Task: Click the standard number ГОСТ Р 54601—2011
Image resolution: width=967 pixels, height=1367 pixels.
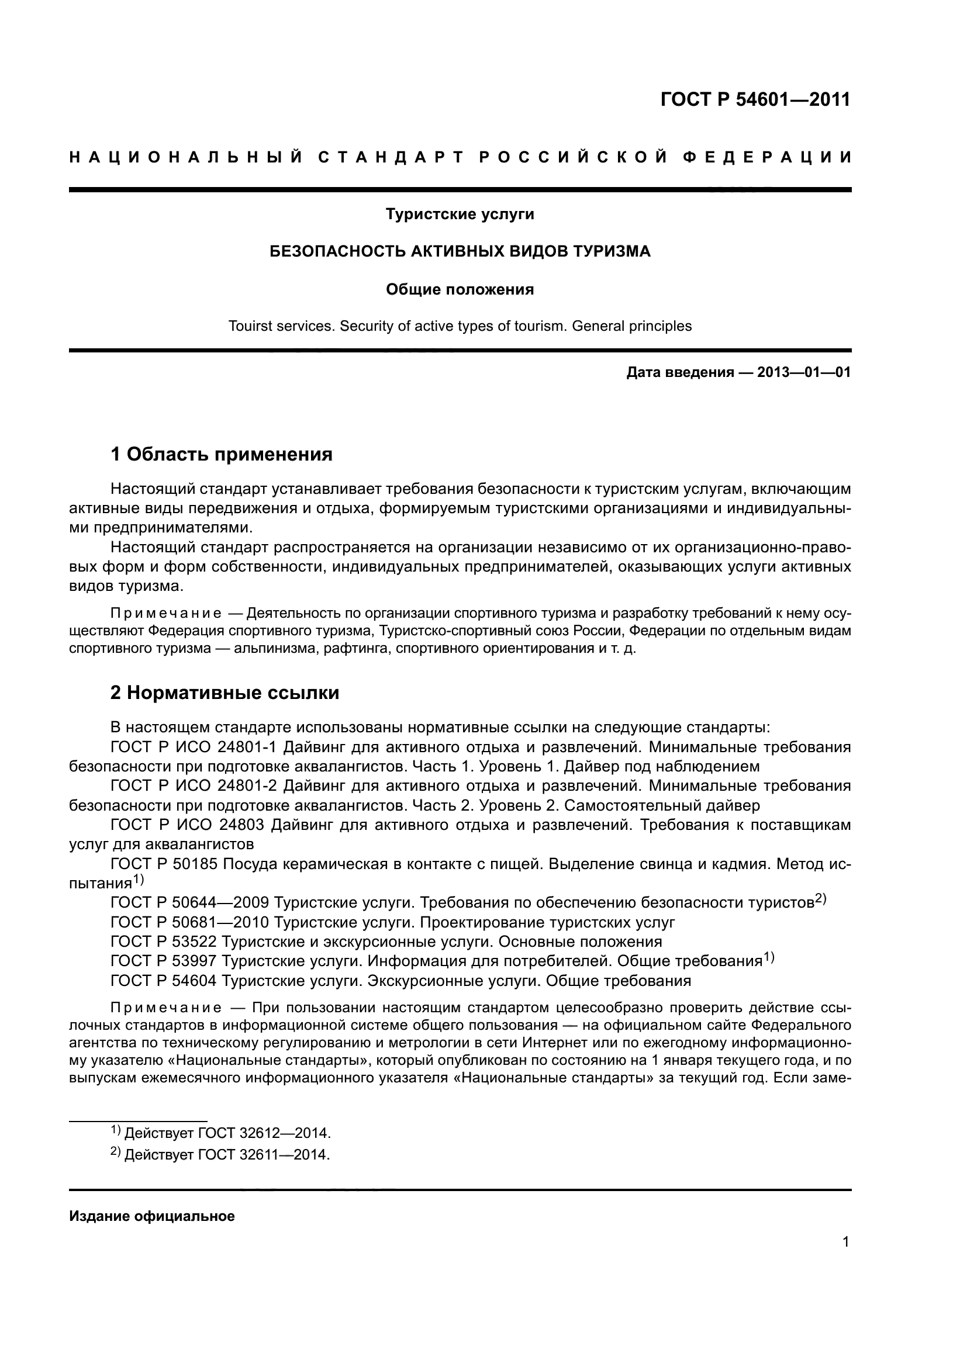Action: click(755, 99)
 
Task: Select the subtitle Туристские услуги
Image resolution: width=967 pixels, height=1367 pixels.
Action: click(460, 214)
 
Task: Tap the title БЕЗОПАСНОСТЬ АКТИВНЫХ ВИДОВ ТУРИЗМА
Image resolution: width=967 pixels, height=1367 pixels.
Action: click(460, 251)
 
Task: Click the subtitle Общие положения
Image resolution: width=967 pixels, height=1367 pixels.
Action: click(460, 289)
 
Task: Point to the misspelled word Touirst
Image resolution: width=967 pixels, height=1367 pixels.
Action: click(250, 326)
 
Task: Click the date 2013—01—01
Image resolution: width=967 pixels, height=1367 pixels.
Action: click(803, 373)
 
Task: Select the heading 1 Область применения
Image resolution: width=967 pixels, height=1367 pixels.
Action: click(221, 454)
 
